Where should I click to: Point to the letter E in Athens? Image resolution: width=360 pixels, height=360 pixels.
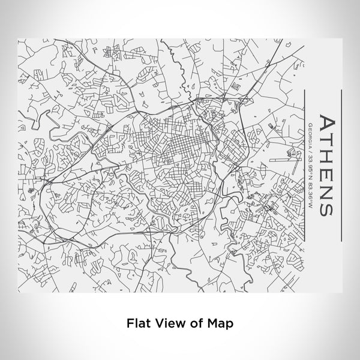pyautogui.click(x=328, y=172)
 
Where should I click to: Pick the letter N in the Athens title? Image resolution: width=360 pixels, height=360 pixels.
pyautogui.click(x=328, y=188)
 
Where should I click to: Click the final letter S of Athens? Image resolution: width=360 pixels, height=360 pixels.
pyautogui.click(x=328, y=205)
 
